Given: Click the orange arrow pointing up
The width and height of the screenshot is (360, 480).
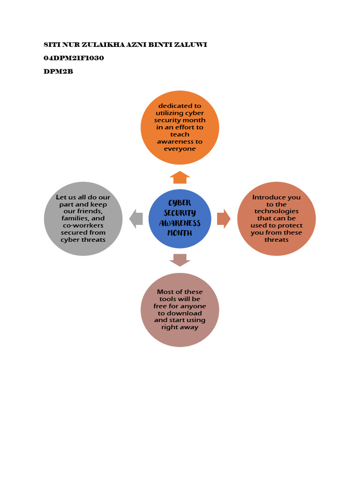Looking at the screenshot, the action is pyautogui.click(x=180, y=178).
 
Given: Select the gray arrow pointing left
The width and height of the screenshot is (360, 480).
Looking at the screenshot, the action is pyautogui.click(x=136, y=218).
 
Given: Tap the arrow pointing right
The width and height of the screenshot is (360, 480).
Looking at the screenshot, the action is pyautogui.click(x=224, y=218).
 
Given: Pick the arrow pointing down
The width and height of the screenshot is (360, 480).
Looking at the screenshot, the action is pyautogui.click(x=180, y=260).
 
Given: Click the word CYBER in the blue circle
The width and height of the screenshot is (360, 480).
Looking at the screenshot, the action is pyautogui.click(x=180, y=202).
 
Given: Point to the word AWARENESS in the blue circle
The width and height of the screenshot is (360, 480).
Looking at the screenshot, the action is pyautogui.click(x=180, y=223).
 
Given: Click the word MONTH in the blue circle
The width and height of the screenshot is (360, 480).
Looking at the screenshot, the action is pyautogui.click(x=180, y=233).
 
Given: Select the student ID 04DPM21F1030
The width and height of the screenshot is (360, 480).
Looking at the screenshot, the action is pyautogui.click(x=74, y=58).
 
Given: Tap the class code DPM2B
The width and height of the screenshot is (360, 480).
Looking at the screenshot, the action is pyautogui.click(x=58, y=72).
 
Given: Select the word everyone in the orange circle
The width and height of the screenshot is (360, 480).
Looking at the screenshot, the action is pyautogui.click(x=180, y=149).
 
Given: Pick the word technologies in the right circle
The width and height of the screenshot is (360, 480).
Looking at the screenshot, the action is pyautogui.click(x=277, y=211).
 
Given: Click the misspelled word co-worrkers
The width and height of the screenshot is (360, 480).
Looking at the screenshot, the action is pyautogui.click(x=83, y=225).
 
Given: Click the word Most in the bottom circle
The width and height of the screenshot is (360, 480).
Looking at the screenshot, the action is pyautogui.click(x=165, y=292).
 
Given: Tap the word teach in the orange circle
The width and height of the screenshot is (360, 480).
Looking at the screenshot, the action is pyautogui.click(x=180, y=134).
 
